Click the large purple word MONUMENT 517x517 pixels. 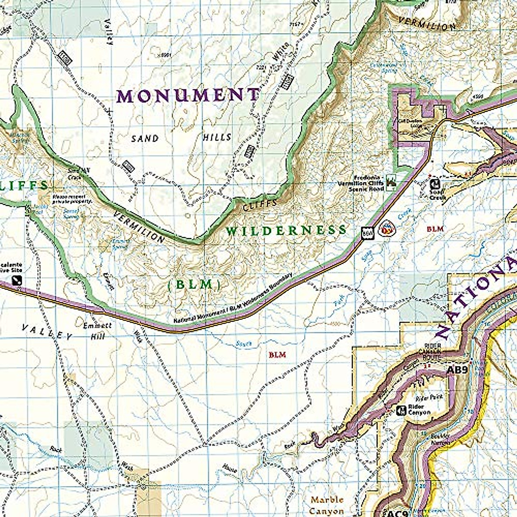188,95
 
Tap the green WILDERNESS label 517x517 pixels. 286,230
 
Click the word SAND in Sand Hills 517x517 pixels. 145,139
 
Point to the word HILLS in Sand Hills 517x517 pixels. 217,137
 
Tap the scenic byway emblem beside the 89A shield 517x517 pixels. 385,230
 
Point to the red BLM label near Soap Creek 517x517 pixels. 434,229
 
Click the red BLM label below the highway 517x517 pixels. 277,355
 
